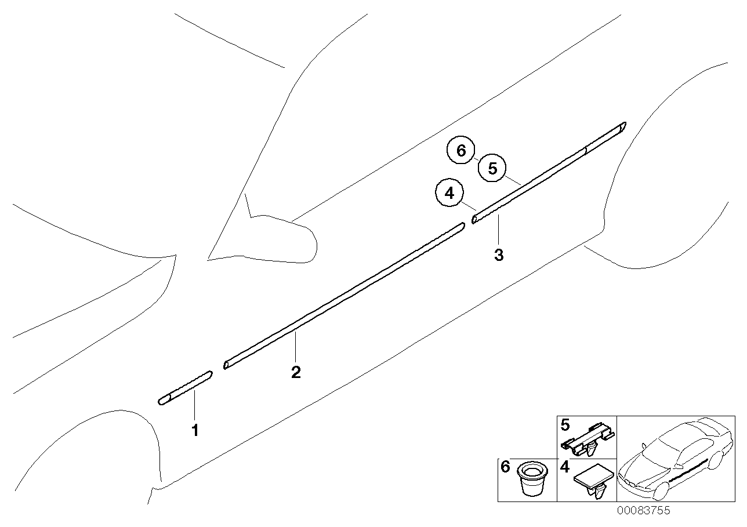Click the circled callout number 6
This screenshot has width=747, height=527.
click(461, 151)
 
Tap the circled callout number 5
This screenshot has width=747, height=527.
click(492, 169)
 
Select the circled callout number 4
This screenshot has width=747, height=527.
click(449, 194)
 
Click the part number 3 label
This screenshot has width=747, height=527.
click(499, 255)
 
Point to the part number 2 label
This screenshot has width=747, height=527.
click(296, 372)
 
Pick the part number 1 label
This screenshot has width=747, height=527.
click(195, 431)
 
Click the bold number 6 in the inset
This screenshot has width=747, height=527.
click(506, 467)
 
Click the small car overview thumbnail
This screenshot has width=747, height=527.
click(673, 458)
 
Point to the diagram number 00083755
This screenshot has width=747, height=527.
click(643, 511)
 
